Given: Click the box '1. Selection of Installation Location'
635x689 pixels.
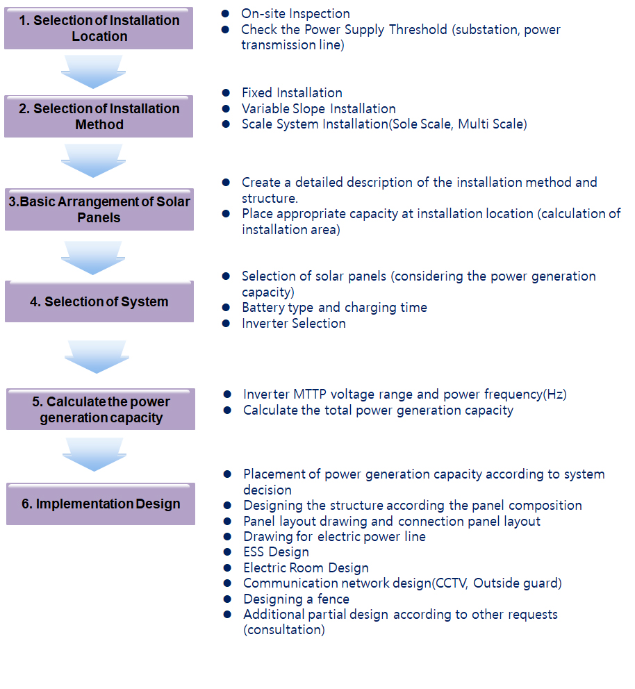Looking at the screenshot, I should (x=99, y=28).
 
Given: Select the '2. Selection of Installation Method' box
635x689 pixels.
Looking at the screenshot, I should (x=99, y=117).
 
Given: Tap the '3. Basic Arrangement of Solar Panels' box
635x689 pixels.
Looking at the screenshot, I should (x=99, y=210).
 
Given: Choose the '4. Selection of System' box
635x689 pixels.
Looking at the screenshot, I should (x=99, y=302).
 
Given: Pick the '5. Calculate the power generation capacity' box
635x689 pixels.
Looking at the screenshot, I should (x=101, y=410).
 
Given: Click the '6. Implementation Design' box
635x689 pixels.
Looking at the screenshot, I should (x=101, y=504).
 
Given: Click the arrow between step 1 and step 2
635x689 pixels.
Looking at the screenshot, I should (x=92, y=71).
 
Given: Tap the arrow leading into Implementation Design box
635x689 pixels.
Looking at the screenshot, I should (x=94, y=454).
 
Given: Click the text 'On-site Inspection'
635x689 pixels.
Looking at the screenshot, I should (x=295, y=13).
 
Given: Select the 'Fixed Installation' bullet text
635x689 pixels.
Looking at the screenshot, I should (x=292, y=92).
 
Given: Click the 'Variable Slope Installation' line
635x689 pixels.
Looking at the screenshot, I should (x=318, y=108).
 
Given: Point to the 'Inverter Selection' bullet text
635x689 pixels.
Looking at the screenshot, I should (x=293, y=323).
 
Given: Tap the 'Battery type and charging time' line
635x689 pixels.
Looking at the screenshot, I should (x=334, y=307).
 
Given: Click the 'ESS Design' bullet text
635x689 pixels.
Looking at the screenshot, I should (x=276, y=551).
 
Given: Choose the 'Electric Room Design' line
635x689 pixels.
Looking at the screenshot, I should (x=306, y=567).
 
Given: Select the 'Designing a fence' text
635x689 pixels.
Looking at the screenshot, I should (x=296, y=599).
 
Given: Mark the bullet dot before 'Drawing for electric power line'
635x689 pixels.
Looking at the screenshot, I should (x=227, y=536).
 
